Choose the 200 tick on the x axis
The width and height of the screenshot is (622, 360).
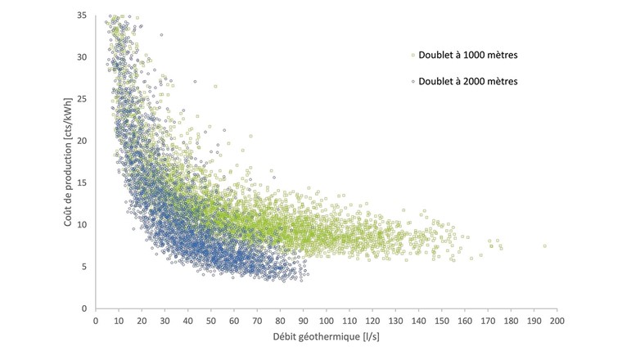pyautogui.click(x=557, y=321)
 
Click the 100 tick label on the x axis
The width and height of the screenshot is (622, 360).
pyautogui.click(x=326, y=321)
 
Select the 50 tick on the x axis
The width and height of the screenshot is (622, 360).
pyautogui.click(x=211, y=321)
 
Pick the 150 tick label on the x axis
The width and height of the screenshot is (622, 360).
pyautogui.click(x=441, y=321)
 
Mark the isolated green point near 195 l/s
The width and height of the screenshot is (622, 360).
pyautogui.click(x=544, y=245)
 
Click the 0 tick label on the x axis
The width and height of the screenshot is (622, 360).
pyautogui.click(x=96, y=321)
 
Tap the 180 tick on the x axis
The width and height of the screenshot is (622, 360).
pyautogui.click(x=511, y=321)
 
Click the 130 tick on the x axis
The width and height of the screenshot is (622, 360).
pyautogui.click(x=395, y=321)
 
